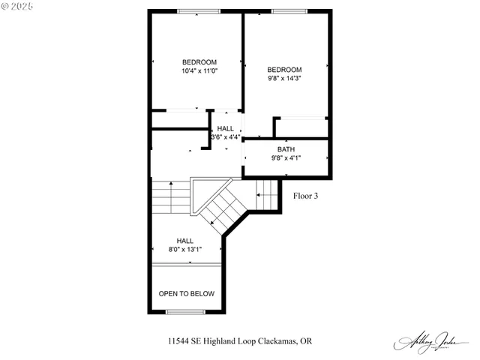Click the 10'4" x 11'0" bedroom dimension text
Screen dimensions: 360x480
[x=199, y=71]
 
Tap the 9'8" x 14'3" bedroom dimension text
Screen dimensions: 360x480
[x=285, y=78]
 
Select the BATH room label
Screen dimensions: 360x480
[x=286, y=149]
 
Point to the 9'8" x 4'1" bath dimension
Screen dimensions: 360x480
[x=286, y=158]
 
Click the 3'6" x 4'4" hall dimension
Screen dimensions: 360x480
[x=226, y=137]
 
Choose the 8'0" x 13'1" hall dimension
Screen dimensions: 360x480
[x=185, y=249]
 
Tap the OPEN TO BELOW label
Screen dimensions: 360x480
[x=186, y=293]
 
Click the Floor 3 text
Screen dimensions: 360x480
[x=305, y=196]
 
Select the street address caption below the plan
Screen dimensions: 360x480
[x=240, y=341]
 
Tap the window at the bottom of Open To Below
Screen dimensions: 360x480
[x=185, y=311]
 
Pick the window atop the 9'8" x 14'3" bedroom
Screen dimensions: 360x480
[x=284, y=11]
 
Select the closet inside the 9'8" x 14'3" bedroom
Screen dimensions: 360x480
[x=301, y=127]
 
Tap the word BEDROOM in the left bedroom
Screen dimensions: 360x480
[x=199, y=61]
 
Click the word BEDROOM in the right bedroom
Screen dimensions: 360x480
[x=285, y=69]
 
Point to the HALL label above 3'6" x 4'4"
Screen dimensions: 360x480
[x=226, y=128]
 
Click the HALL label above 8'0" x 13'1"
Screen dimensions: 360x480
[x=185, y=240]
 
